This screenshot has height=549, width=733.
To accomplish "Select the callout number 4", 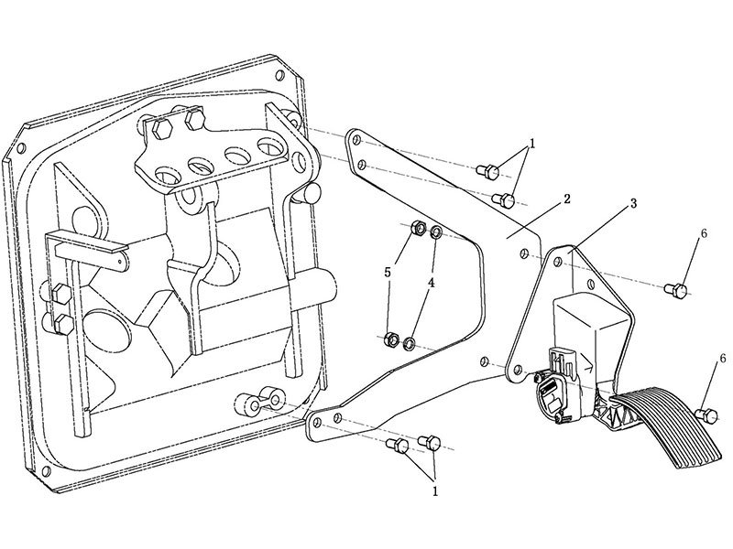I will point(431,284).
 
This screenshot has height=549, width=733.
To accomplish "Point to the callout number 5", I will point(388,272).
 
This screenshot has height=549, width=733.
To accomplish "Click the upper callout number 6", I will point(704,234).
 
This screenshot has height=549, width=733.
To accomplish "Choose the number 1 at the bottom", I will point(435,490).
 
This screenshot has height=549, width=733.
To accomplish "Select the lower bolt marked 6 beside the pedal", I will point(706,414).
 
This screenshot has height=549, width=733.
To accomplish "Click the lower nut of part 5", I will point(390,341).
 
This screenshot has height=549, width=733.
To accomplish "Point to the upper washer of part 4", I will point(435,231).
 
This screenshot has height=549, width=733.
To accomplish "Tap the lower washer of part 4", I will point(410,343).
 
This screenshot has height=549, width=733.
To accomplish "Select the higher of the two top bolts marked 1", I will point(489,170).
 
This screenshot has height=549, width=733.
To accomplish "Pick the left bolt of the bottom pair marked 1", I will point(398,445).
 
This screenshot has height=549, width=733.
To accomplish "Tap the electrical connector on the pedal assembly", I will point(553,388).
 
